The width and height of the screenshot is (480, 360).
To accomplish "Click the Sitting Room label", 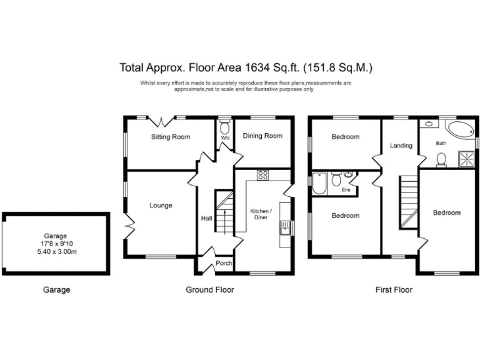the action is [x=171, y=137].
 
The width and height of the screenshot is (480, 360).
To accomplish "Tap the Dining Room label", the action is [x=262, y=136].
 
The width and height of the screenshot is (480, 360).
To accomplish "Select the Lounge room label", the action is [x=161, y=206].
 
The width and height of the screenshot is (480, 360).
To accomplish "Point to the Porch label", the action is [x=224, y=263].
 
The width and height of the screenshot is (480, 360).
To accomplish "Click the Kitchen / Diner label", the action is [x=261, y=214].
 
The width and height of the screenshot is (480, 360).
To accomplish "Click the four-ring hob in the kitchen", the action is [x=263, y=175].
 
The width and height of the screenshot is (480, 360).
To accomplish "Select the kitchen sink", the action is [x=285, y=227].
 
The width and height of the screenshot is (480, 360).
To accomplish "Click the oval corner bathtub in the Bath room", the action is [x=460, y=130].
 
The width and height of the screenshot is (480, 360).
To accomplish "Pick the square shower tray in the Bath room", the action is [x=466, y=159].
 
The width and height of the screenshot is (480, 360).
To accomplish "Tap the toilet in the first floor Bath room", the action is [x=441, y=160].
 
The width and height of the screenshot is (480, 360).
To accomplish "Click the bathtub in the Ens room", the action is [x=319, y=183].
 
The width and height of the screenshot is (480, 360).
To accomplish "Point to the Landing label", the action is [x=401, y=146].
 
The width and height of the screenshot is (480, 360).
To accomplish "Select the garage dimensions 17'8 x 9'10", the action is [x=55, y=244].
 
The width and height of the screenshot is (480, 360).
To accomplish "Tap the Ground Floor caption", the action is [x=210, y=289].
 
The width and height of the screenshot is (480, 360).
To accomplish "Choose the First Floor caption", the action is [x=394, y=289].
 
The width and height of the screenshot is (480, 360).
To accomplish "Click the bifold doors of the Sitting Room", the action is [x=161, y=121].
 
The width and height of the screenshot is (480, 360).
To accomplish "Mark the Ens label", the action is [x=346, y=190].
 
